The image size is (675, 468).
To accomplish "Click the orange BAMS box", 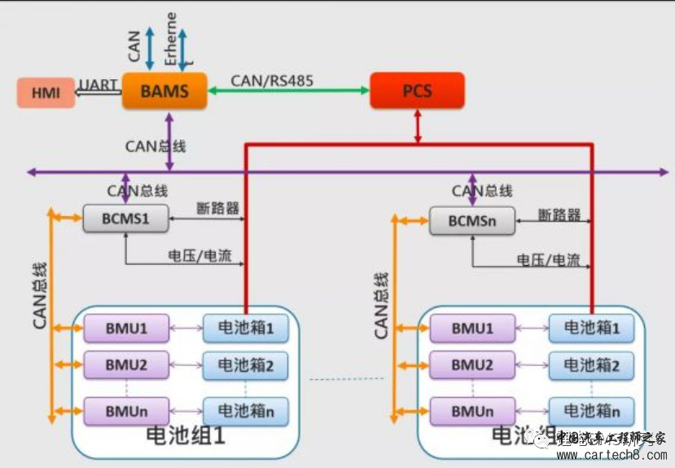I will [164, 91].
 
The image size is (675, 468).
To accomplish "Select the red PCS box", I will [417, 91].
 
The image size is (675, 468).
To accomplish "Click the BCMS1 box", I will [125, 219].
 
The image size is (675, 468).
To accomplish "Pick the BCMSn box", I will [471, 221].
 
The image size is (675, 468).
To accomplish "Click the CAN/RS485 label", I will [272, 80].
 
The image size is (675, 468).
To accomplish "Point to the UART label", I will [99, 85].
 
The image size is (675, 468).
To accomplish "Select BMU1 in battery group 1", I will [126, 328].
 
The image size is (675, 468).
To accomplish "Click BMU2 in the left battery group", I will [126, 365].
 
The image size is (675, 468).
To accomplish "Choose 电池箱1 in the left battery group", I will [245, 328].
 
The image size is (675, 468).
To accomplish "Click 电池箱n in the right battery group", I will [590, 411].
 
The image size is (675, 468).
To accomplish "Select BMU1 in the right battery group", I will [472, 329].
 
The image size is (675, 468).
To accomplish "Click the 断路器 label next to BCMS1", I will [217, 208].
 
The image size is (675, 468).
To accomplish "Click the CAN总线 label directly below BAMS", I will [155, 147].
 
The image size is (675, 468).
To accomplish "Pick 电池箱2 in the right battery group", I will [590, 366].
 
